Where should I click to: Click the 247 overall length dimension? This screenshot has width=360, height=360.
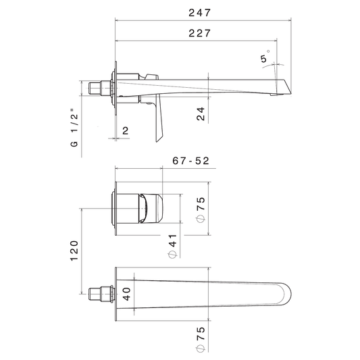point(199,13)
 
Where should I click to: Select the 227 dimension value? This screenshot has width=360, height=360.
point(199,33)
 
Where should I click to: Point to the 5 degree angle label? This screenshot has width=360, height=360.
point(263,59)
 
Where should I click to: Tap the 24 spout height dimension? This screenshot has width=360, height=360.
point(201,113)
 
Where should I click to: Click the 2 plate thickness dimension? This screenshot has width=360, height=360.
point(126,130)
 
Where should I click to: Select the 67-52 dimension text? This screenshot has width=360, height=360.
point(190,161)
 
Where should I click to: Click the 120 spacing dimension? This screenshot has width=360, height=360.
point(74,251)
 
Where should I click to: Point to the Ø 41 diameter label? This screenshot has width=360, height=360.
point(172,246)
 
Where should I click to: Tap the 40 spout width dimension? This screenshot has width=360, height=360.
point(126,294)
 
